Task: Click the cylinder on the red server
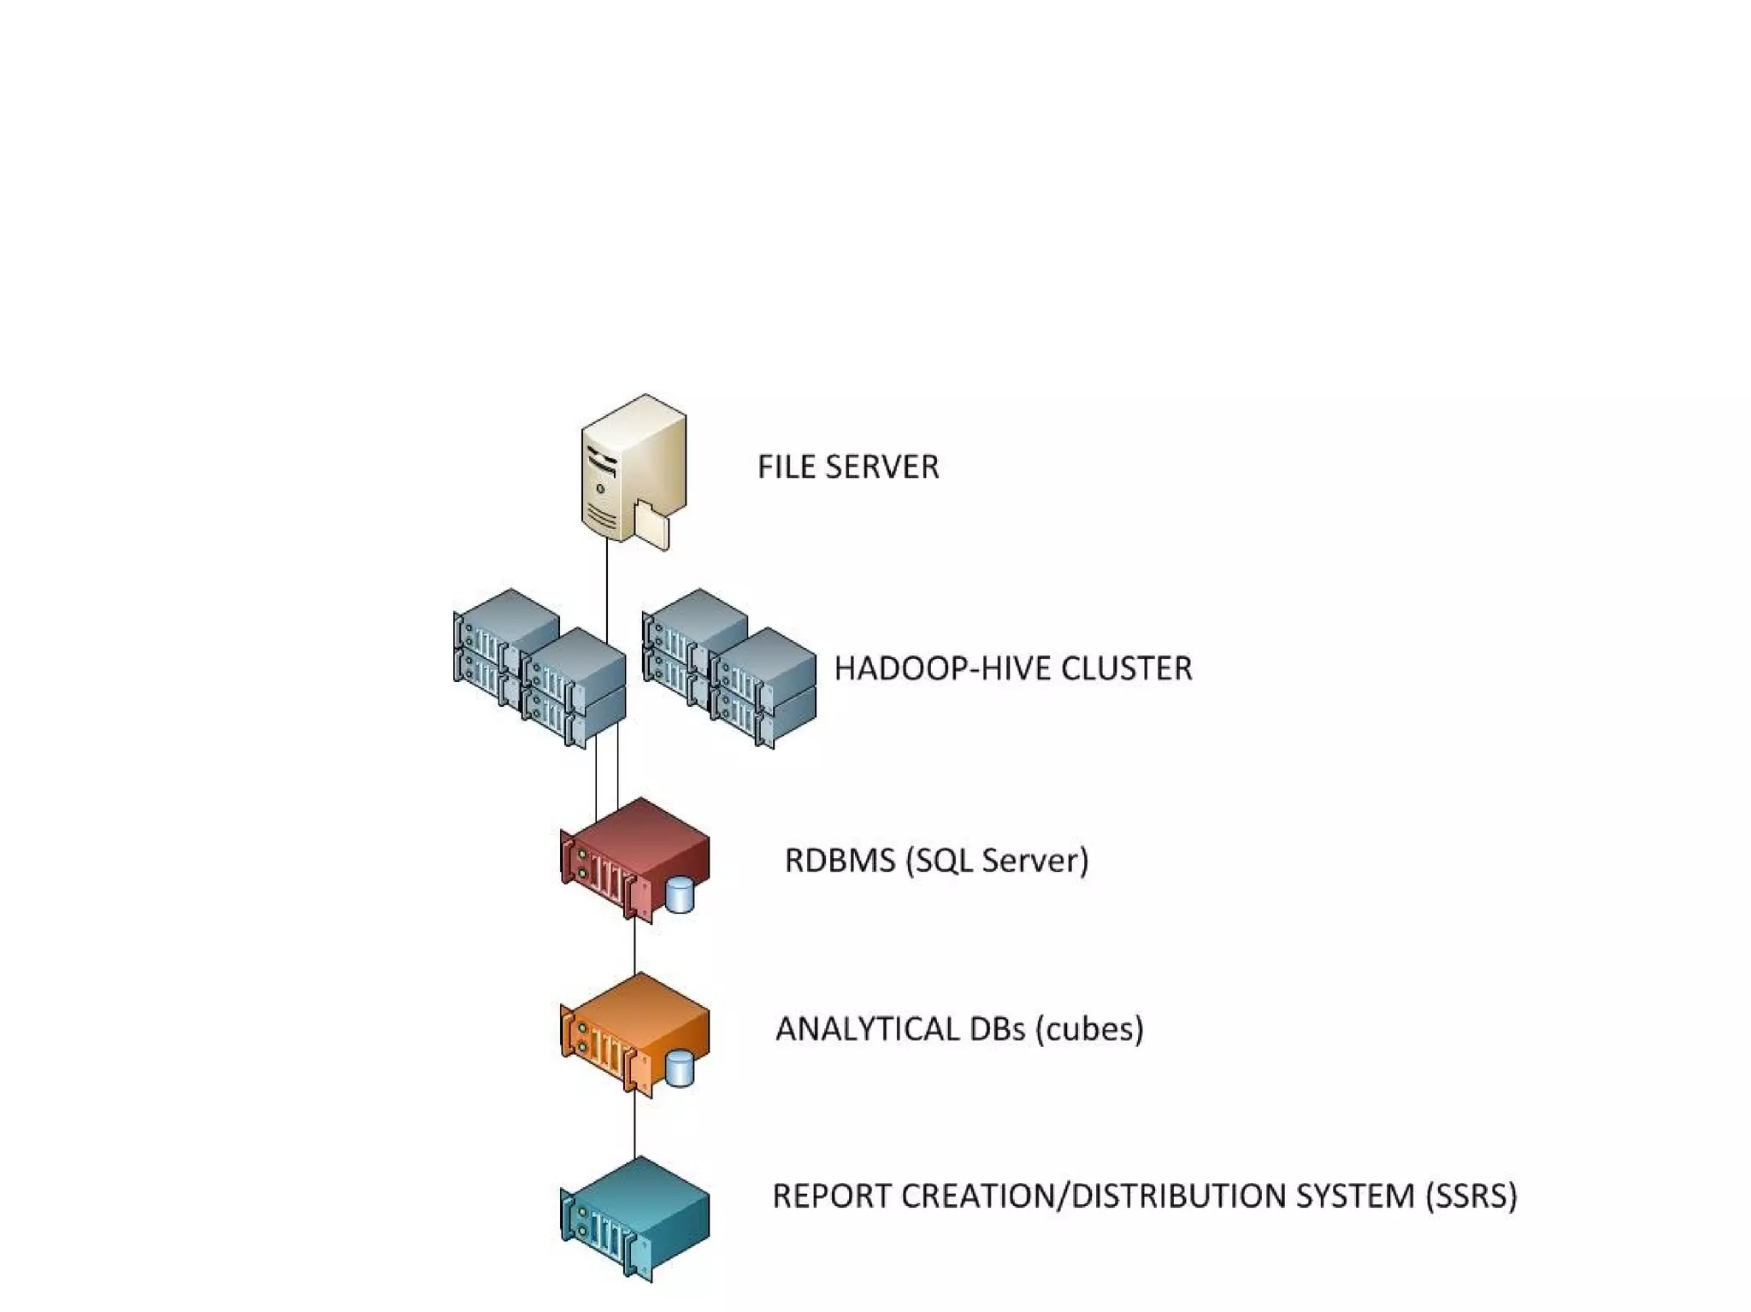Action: (680, 894)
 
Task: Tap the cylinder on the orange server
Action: (680, 1068)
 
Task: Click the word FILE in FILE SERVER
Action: (786, 467)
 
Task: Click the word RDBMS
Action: (839, 860)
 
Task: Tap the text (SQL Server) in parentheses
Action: (997, 860)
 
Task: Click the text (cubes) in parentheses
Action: (1089, 1028)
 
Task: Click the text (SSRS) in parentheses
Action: (1471, 1196)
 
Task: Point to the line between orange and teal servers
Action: (634, 1124)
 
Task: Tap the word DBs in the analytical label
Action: (997, 1028)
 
